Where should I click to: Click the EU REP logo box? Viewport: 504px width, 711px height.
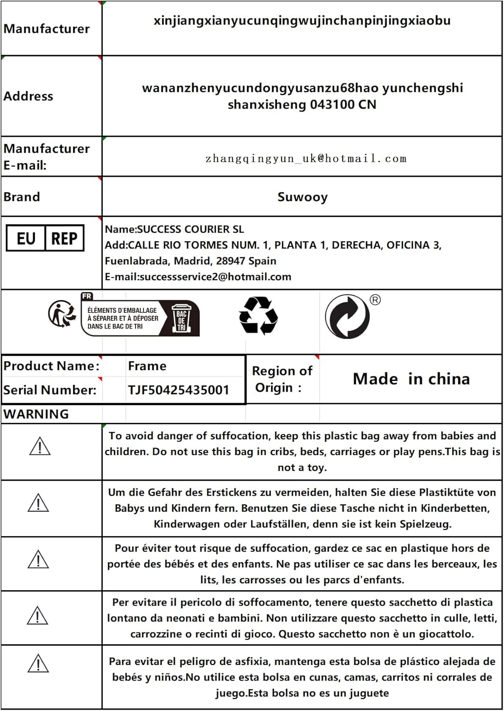[x=45, y=238]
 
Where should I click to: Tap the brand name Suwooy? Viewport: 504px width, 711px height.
[x=302, y=197]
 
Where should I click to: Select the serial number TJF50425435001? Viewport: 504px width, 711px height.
[x=178, y=390]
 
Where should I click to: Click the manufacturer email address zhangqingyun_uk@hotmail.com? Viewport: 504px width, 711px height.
[x=306, y=159]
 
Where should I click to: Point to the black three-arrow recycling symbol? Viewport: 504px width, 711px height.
[x=258, y=316]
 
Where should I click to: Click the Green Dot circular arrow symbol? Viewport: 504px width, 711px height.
[x=347, y=316]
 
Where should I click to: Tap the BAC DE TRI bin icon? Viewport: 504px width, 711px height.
[x=181, y=318]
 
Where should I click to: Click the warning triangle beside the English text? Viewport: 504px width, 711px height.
[x=40, y=447]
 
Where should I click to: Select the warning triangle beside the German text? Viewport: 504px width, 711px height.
[x=38, y=503]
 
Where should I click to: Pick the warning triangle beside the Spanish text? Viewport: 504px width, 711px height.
[x=38, y=664]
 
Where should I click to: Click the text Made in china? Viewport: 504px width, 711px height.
[x=411, y=379]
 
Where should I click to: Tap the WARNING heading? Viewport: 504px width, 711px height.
[x=36, y=414]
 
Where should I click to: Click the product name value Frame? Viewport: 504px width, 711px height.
[x=147, y=366]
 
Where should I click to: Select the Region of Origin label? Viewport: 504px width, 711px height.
[x=282, y=379]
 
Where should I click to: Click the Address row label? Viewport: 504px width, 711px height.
[x=28, y=96]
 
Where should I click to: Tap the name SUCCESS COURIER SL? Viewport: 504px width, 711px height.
[x=190, y=229]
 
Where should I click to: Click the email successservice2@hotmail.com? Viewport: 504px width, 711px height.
[x=215, y=277]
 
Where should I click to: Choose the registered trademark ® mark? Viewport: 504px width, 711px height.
[x=375, y=300]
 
